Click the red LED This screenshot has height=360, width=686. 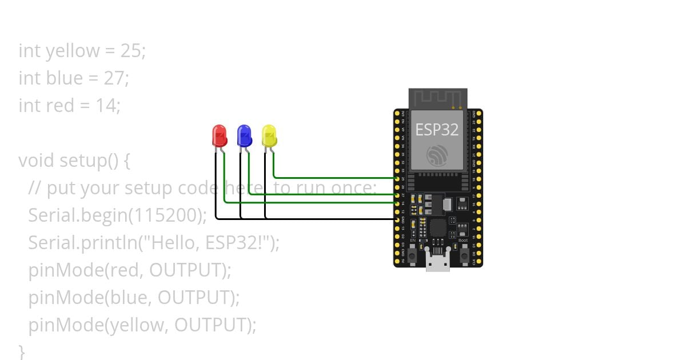219,136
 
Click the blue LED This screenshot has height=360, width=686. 244,136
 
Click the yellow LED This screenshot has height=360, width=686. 269,136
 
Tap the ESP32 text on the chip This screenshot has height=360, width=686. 437,130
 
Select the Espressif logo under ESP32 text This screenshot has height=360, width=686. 437,155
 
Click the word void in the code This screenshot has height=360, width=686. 37,161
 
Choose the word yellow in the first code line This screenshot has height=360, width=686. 72,51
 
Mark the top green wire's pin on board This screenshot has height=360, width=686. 397,178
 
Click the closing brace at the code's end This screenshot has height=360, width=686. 22,350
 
